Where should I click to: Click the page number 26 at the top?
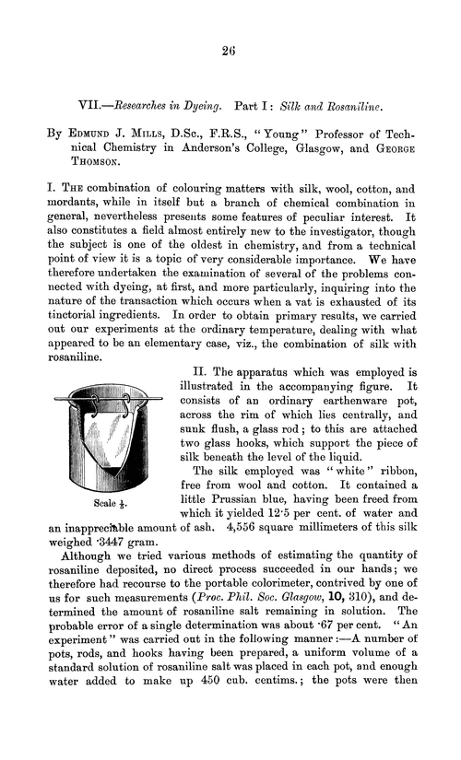pos(230,53)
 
